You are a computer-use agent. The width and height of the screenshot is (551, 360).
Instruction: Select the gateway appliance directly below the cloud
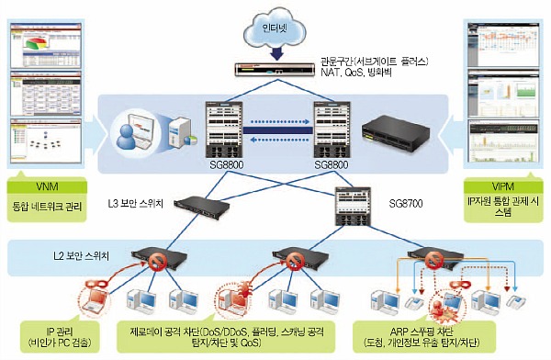tap(275, 69)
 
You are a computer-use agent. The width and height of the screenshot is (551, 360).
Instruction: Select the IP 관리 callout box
tap(59, 331)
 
